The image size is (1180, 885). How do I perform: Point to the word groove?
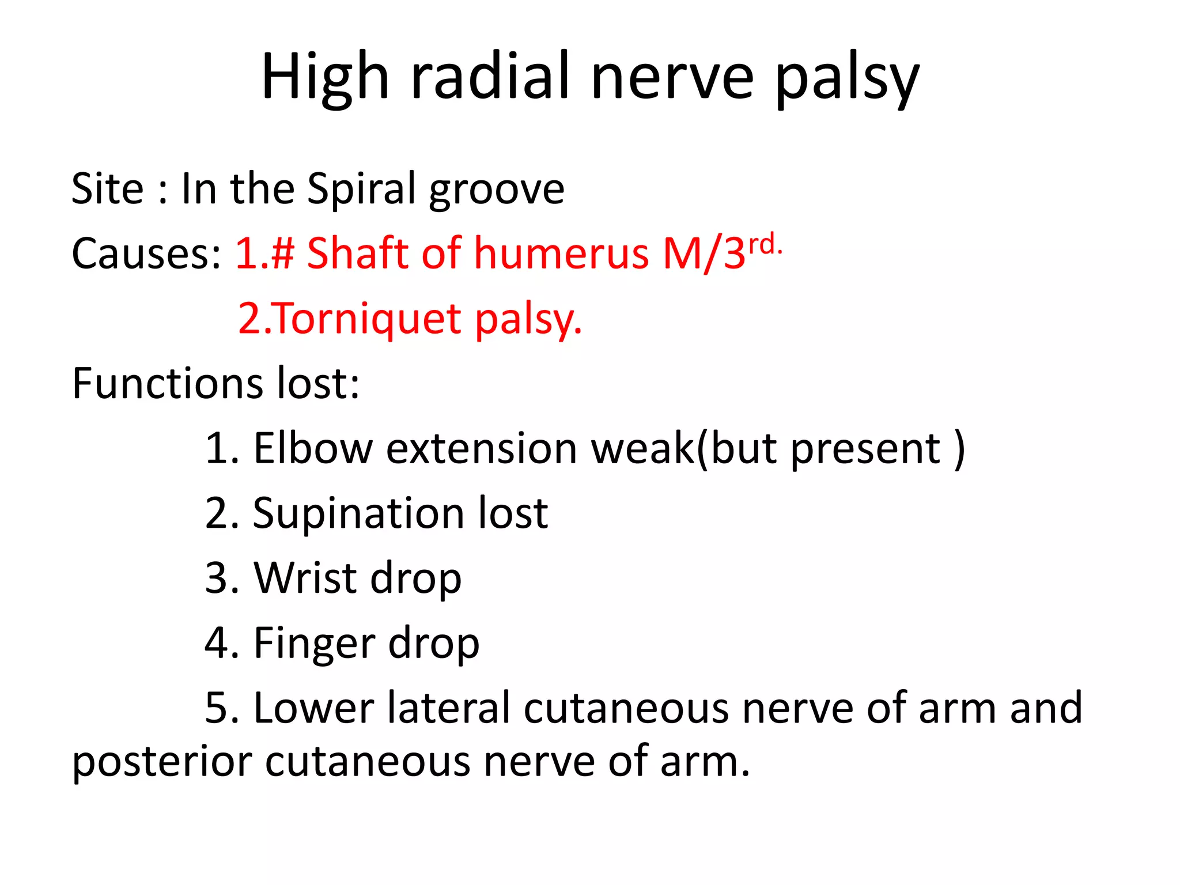[497, 191]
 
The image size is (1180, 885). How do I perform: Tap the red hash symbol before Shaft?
[283, 254]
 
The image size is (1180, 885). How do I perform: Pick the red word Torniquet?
[367, 319]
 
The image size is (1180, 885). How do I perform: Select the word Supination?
[358, 513]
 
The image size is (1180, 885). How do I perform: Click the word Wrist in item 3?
[305, 578]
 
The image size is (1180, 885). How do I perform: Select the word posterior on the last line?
[162, 762]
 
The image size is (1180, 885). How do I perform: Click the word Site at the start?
[107, 189]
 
